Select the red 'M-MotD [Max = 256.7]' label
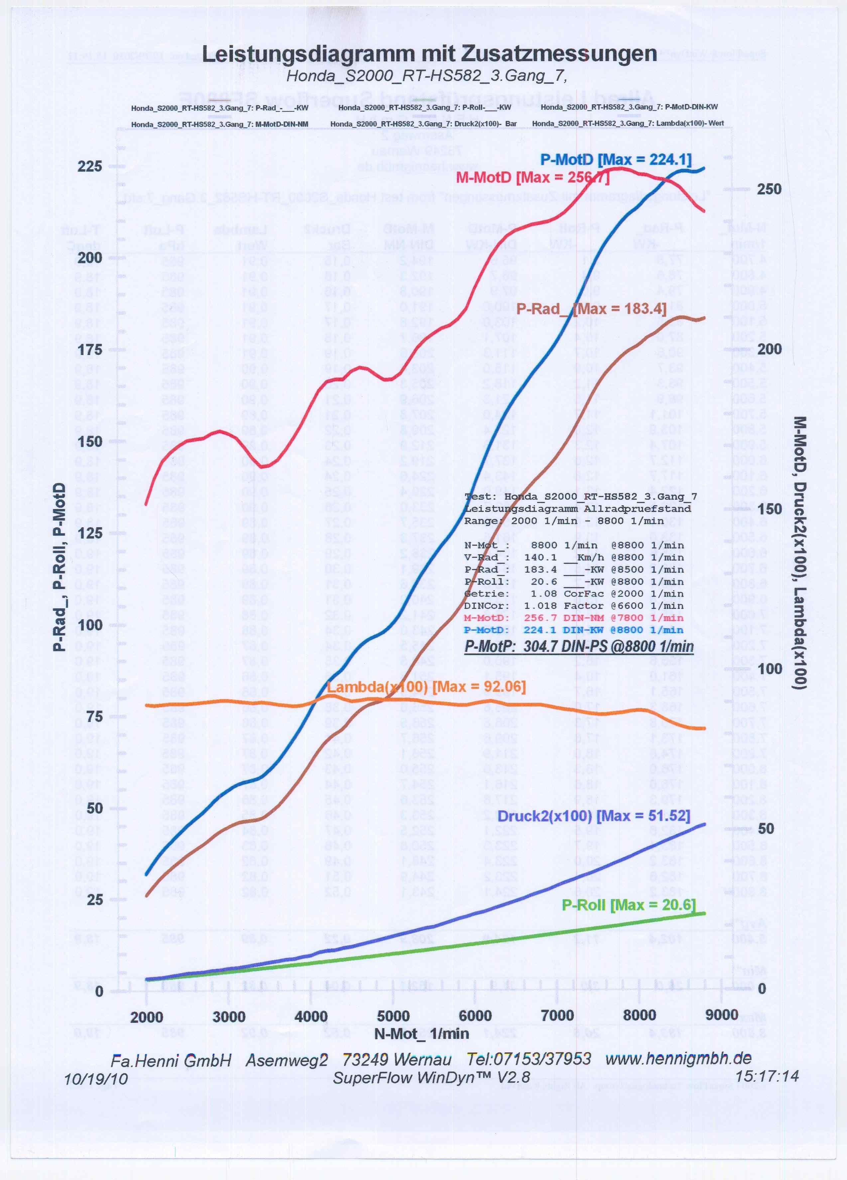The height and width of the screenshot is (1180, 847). point(532,177)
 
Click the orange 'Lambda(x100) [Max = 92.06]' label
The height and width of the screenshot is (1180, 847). point(426,687)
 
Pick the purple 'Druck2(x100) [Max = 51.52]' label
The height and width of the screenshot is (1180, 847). point(594,815)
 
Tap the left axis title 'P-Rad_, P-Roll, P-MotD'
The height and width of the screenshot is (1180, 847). point(60,567)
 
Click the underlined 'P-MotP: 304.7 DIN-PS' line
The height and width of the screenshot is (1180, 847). point(578,646)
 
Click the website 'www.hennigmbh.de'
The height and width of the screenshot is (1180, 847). point(678,1058)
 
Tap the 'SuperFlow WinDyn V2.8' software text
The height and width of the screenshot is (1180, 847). point(431,1077)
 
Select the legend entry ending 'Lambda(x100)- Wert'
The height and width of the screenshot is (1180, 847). point(628,123)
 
